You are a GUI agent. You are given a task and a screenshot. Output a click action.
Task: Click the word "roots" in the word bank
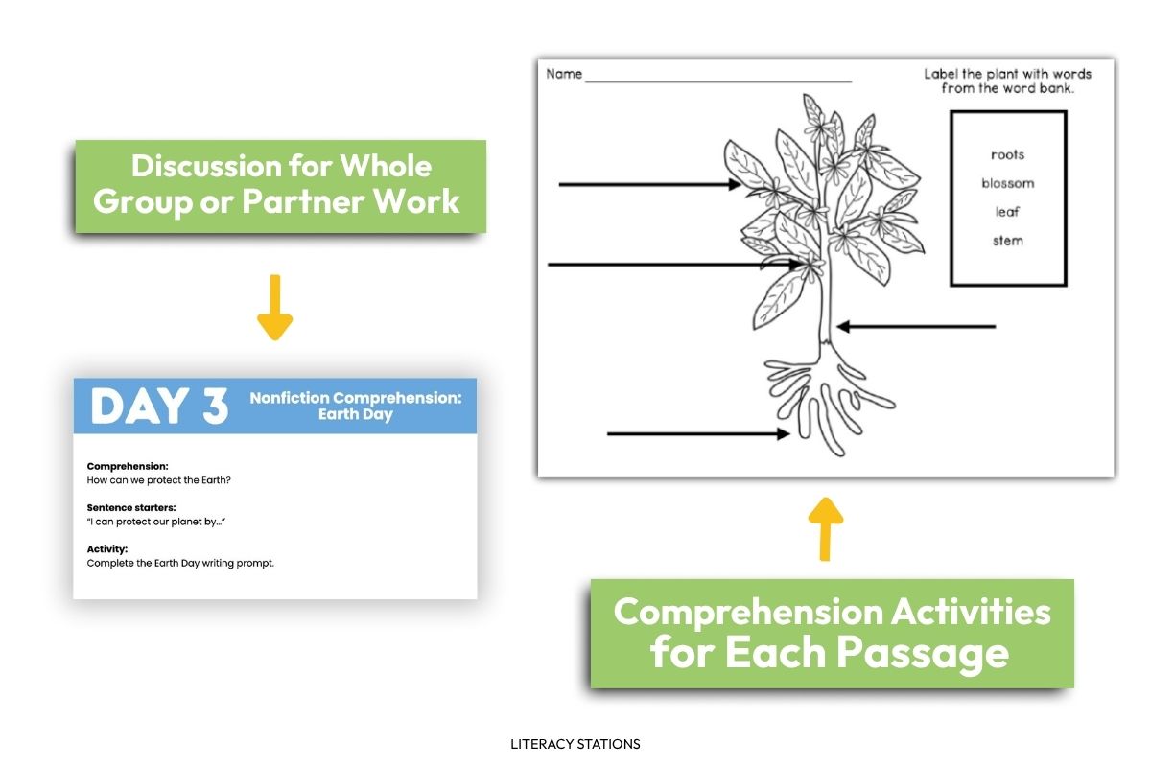pyautogui.click(x=1007, y=154)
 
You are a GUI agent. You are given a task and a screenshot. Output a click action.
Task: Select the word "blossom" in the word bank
pyautogui.click(x=1007, y=183)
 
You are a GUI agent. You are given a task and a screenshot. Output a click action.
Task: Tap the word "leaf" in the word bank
pyautogui.click(x=1007, y=212)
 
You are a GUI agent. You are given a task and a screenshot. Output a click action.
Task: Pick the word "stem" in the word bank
pyautogui.click(x=1007, y=241)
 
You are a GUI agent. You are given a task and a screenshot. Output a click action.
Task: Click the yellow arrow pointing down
pyautogui.click(x=275, y=307)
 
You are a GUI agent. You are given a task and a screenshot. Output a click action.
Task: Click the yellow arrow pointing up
pyautogui.click(x=825, y=527)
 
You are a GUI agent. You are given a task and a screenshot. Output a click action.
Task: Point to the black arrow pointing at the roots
pyautogui.click(x=697, y=434)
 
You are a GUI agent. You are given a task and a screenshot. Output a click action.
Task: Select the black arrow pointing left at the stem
pyautogui.click(x=916, y=327)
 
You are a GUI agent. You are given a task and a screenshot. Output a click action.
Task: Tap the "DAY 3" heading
pyautogui.click(x=159, y=407)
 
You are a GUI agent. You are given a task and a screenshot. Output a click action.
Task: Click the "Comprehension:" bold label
pyautogui.click(x=128, y=466)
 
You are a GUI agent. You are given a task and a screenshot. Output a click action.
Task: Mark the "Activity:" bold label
pyautogui.click(x=107, y=549)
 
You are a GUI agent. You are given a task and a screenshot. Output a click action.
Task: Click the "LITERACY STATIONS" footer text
pyautogui.click(x=575, y=743)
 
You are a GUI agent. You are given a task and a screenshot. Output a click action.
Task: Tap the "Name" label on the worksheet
pyautogui.click(x=564, y=74)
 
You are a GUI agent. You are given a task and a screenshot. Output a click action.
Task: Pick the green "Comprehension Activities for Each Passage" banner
pyautogui.click(x=832, y=633)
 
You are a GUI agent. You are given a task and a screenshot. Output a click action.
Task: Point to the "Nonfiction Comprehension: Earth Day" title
pyautogui.click(x=355, y=406)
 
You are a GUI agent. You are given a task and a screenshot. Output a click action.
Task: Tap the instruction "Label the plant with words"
pyautogui.click(x=1007, y=74)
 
